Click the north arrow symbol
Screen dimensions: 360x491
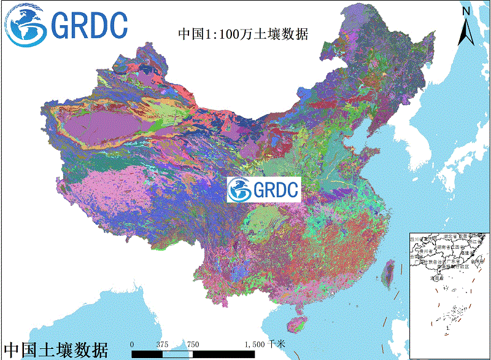coord(466,31)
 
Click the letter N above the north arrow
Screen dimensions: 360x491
coord(466,10)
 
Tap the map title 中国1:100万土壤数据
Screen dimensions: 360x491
coord(242,34)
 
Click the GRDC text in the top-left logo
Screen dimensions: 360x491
coord(90,25)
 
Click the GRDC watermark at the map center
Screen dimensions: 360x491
coord(263,190)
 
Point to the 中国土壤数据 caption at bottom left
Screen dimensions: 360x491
coord(56,350)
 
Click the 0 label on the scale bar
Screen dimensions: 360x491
coord(132,345)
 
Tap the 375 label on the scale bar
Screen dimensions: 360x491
coord(163,345)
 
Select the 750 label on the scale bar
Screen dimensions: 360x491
coord(193,345)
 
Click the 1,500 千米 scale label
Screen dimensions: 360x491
coord(265,345)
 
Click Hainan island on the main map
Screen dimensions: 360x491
coord(296,323)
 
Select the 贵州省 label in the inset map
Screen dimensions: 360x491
coord(426,251)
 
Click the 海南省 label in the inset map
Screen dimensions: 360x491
coord(437,278)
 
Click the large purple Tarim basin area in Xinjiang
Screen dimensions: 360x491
coord(101,123)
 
